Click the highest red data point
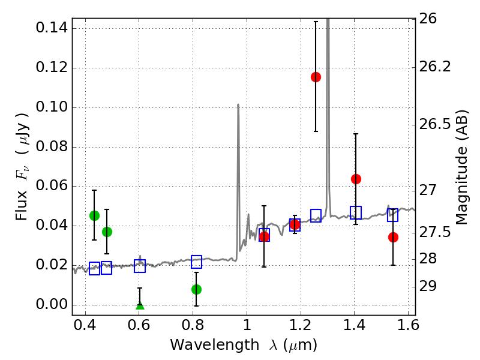(316, 77)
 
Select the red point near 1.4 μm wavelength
(356, 179)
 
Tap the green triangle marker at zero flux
(140, 307)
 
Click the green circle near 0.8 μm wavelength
(196, 289)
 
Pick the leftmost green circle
(94, 215)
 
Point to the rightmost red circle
(393, 237)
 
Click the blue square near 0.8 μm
(196, 262)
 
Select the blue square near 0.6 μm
(140, 266)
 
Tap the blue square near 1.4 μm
(356, 212)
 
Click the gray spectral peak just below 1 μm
(238, 105)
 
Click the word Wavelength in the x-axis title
(205, 345)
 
